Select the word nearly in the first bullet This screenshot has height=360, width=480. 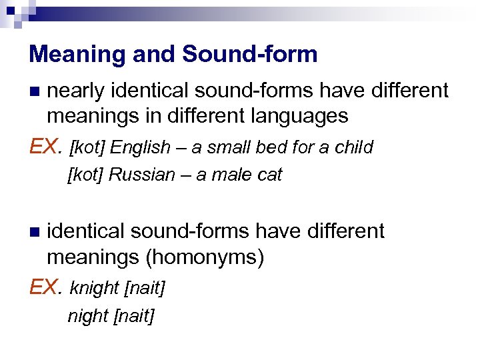point(77,90)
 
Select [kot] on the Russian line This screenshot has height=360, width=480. point(85,175)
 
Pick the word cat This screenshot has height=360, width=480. point(271,175)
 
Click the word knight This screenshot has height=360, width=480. point(94,289)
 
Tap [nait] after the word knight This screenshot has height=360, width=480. point(145,289)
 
